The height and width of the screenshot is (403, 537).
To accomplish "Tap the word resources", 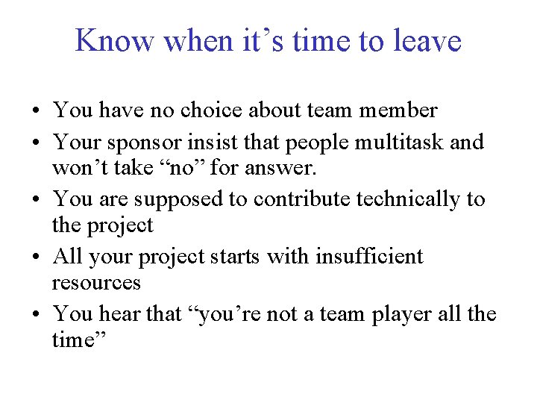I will point(96,283).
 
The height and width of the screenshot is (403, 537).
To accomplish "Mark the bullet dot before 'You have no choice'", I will point(36,112).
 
